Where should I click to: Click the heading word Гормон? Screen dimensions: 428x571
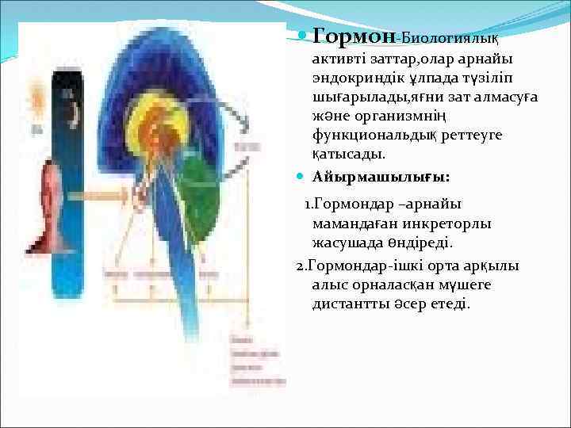[x=354, y=36]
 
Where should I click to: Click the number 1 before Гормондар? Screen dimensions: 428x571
[x=309, y=204]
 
